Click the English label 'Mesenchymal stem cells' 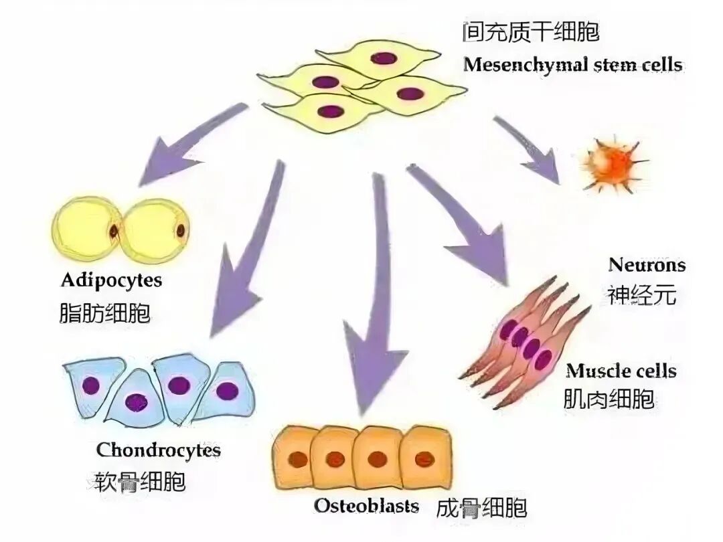572,65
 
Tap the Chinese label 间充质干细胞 530,31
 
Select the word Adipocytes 111,279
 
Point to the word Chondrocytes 159,450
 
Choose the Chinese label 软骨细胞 141,481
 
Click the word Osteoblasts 367,505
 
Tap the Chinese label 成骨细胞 481,507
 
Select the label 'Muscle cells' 621,371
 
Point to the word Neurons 647,264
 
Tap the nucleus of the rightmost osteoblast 424,460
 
